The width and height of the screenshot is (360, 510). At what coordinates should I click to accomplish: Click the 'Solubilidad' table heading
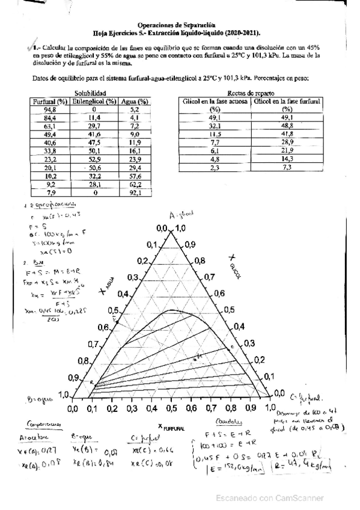pos(90,94)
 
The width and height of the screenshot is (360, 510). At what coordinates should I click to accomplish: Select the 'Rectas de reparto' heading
pos(252,94)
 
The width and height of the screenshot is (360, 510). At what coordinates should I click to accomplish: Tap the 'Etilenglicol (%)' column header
pos(94,102)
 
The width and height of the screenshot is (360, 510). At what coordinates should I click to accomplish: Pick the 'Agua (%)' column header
pos(135,102)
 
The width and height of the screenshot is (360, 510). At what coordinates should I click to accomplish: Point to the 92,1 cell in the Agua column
pos(135,194)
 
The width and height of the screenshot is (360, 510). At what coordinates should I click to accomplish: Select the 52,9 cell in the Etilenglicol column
pos(94,160)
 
